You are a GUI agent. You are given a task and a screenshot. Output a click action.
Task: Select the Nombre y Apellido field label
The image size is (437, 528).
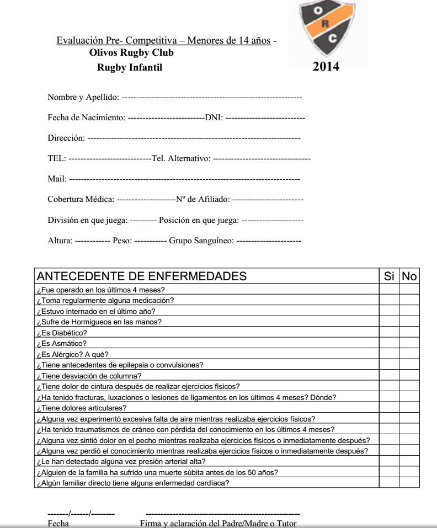click(x=83, y=98)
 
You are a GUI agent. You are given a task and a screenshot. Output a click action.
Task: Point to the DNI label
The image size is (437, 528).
click(x=213, y=118)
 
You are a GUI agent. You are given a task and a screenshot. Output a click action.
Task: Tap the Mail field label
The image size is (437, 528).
click(x=56, y=179)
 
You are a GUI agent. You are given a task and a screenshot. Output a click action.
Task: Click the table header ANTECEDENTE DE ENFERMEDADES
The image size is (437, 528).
click(x=141, y=275)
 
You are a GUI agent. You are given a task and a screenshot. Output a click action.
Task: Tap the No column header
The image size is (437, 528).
click(x=409, y=275)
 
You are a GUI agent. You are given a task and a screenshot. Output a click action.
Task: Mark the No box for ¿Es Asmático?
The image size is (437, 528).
click(x=409, y=343)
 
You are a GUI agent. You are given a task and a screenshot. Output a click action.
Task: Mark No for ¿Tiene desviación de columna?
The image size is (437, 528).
click(x=409, y=376)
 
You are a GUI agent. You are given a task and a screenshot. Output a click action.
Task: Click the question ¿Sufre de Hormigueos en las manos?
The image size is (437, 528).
click(x=98, y=322)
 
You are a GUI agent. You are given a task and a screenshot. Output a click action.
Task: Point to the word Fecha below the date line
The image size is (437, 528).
click(x=58, y=522)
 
